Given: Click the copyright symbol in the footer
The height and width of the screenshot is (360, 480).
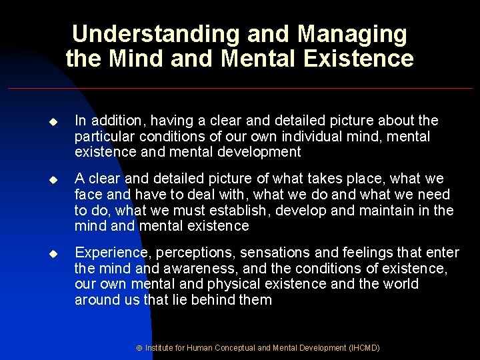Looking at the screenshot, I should (x=139, y=348).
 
